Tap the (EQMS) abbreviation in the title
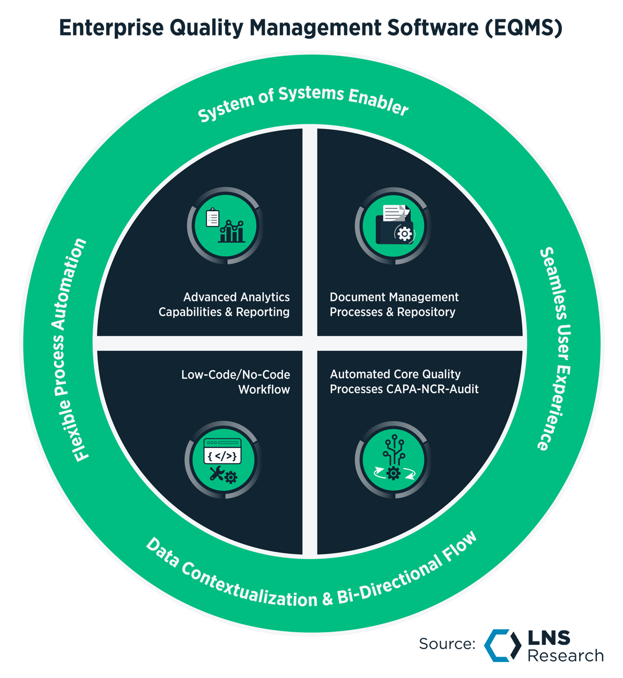tap(523, 27)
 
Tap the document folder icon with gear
tap(394, 225)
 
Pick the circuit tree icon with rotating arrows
tap(393, 460)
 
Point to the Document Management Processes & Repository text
tap(394, 305)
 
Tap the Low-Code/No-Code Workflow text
tap(236, 382)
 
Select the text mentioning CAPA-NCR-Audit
tap(404, 382)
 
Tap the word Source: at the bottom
tap(447, 644)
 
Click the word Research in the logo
tap(565, 655)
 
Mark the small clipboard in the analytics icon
tap(213, 217)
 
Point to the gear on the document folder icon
tap(404, 234)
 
